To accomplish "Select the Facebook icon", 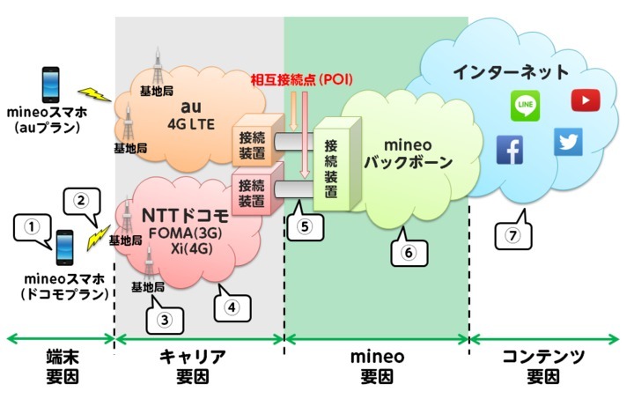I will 509,151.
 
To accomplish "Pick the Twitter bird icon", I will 568,142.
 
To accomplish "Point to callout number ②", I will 80,200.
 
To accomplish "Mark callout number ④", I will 231,308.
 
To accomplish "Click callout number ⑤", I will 305,225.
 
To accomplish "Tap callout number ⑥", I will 407,251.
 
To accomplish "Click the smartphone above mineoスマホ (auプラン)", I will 51,85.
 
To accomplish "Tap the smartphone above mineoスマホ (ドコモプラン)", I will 63,248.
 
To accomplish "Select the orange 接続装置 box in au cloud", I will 248,141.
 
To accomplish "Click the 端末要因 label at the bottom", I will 57,367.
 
